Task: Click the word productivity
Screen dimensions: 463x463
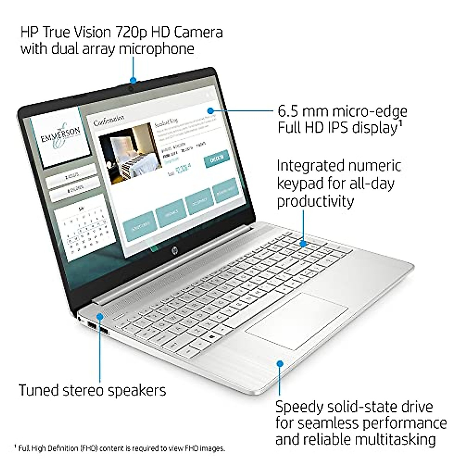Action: point(315,201)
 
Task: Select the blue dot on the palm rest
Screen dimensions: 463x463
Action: point(281,363)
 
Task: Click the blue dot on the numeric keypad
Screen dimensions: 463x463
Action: point(304,244)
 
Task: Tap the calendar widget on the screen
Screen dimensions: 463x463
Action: point(82,231)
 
